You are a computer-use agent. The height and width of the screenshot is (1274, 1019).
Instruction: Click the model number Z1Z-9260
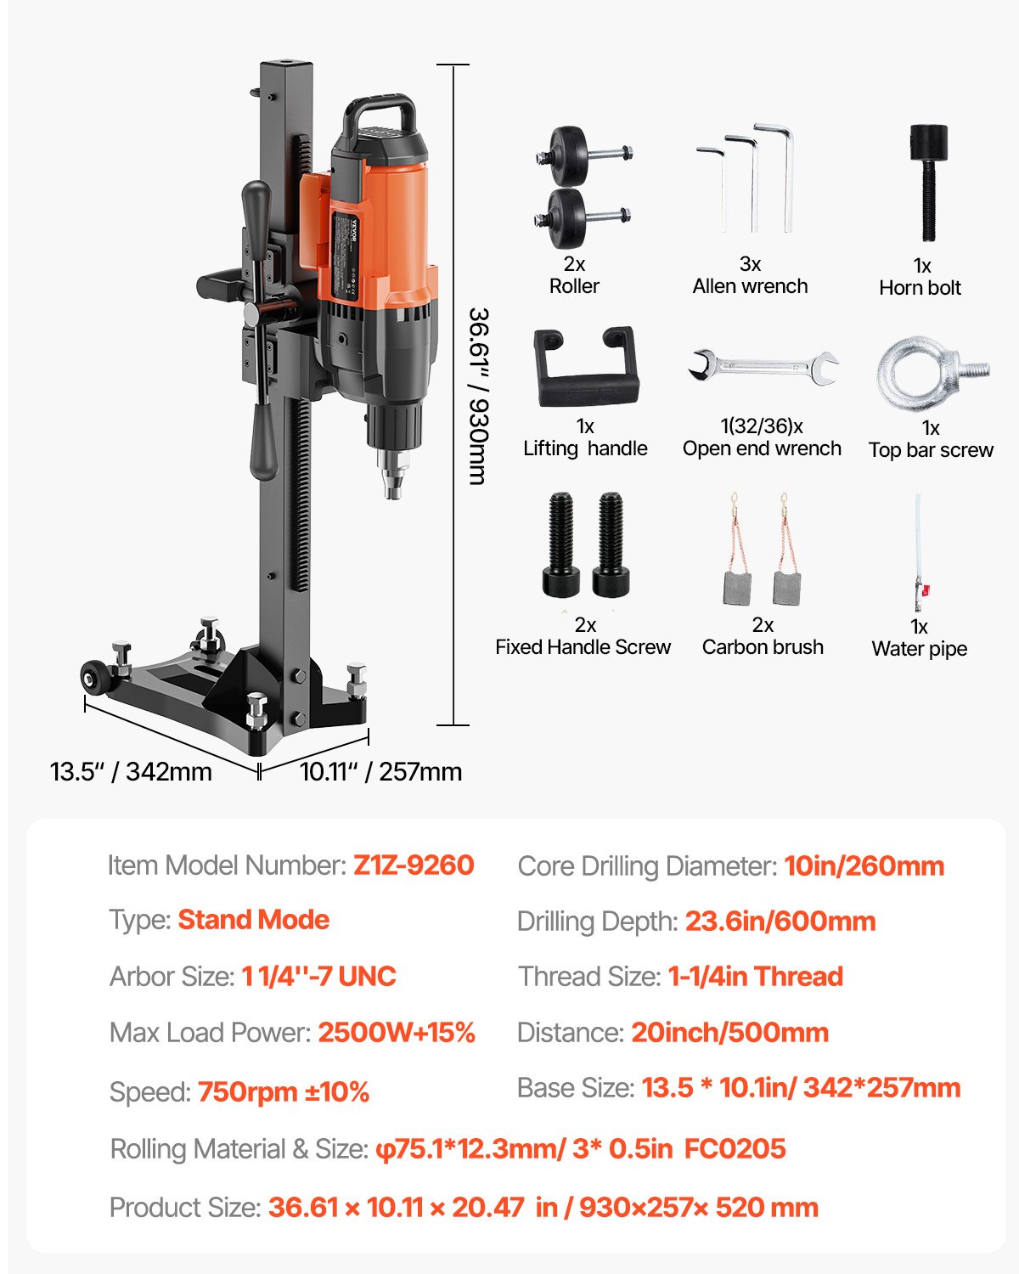coord(414,865)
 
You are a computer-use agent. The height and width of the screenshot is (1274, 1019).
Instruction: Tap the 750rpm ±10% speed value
coord(284,1092)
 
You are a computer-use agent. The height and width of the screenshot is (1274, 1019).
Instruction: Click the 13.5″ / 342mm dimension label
coord(131,772)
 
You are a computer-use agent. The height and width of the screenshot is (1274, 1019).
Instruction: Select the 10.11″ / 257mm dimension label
coord(380,772)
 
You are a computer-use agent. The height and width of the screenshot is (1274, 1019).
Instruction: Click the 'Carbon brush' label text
coord(763,647)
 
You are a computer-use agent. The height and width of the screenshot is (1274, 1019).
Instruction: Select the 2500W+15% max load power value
coord(397,1033)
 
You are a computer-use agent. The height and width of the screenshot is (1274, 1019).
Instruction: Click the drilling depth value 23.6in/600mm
coord(780,922)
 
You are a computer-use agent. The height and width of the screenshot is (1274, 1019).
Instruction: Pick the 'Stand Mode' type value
coord(253,920)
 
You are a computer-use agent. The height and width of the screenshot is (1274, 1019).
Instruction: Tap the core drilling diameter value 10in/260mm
coord(864,866)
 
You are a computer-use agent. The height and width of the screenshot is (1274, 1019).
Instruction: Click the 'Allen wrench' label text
coord(750,286)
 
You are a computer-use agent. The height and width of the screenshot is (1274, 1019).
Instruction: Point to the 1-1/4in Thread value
coord(755,977)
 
